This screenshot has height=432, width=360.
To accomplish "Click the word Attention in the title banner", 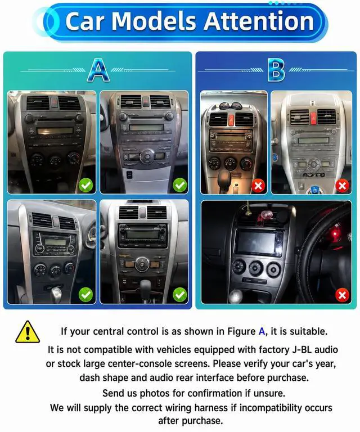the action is click(x=259, y=21).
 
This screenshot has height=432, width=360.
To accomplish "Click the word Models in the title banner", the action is click(x=154, y=21).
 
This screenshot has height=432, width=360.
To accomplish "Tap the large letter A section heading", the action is click(x=98, y=70).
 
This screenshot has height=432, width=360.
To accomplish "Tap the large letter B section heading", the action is click(x=276, y=70).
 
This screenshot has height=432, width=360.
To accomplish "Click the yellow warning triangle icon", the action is click(x=28, y=332).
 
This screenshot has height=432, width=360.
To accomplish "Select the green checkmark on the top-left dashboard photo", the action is click(x=86, y=185).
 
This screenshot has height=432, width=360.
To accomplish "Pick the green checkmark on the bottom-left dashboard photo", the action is click(x=86, y=295).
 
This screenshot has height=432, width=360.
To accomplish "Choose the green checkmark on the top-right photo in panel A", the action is click(x=180, y=185).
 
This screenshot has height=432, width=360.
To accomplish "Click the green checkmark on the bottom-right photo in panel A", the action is click(x=180, y=295).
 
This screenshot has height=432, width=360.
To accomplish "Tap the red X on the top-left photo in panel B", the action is click(x=258, y=186).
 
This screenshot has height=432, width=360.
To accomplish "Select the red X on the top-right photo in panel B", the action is click(x=343, y=186).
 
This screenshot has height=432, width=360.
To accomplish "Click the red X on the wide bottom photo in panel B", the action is click(x=343, y=295).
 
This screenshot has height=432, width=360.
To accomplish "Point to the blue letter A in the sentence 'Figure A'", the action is click(x=262, y=331).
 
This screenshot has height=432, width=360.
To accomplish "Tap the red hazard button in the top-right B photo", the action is click(x=313, y=116).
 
